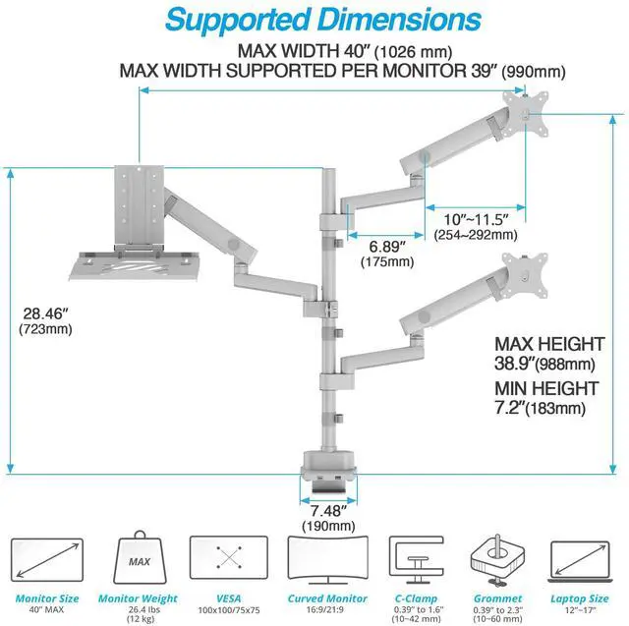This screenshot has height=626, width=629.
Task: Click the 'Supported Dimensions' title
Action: pyautogui.click(x=314, y=20)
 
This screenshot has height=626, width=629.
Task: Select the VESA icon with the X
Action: pyautogui.click(x=229, y=559)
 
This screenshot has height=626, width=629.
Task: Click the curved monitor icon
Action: pyautogui.click(x=320, y=559)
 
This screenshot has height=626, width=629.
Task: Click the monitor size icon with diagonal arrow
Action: pyautogui.click(x=46, y=559)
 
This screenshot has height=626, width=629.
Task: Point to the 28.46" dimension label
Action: pyautogui.click(x=45, y=314)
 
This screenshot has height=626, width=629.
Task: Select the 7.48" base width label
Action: pyautogui.click(x=326, y=511)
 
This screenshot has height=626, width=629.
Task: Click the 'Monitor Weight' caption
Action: pyautogui.click(x=138, y=598)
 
